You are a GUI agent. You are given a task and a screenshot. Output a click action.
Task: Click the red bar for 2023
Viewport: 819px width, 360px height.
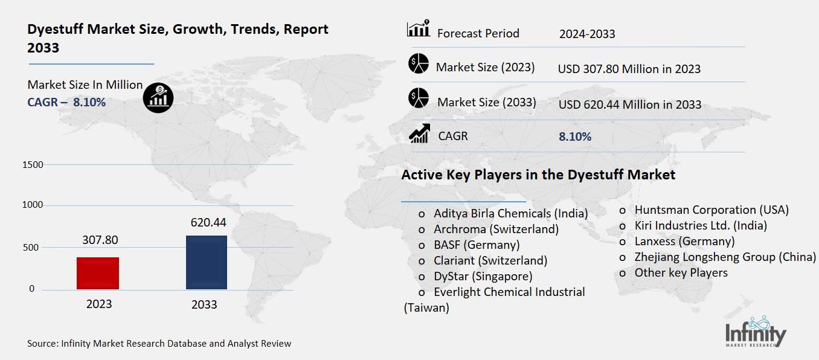[98, 273]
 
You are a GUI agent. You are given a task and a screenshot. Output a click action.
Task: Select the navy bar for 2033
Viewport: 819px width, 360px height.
[207, 262]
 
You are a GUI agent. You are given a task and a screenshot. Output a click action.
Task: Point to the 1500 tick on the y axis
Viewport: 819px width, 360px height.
[33, 165]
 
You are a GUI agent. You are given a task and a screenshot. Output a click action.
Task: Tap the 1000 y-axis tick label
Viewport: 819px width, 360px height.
[33, 205]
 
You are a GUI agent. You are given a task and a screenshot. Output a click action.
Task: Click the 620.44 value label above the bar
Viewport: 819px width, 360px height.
[207, 223]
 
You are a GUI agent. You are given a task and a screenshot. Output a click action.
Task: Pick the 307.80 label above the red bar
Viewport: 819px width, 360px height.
[100, 240]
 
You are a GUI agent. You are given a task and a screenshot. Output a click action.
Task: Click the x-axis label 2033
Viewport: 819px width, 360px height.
[204, 304]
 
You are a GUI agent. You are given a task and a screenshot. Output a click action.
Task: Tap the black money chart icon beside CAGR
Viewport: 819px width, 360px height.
[158, 97]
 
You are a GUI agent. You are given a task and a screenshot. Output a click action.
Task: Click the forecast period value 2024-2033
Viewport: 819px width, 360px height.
[587, 34]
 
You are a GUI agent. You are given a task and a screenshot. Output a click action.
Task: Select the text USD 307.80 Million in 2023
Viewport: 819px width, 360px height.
[629, 69]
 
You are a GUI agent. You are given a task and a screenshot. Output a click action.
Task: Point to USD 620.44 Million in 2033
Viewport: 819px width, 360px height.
[629, 104]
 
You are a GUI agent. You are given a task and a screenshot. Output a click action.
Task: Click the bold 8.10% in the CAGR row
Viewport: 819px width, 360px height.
[575, 137]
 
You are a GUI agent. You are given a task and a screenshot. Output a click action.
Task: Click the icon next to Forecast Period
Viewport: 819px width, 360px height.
[418, 28]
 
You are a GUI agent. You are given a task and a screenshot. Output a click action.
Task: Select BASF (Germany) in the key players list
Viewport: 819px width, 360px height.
[477, 245]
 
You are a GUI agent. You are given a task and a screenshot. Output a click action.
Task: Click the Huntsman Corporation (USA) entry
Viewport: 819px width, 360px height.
[711, 210]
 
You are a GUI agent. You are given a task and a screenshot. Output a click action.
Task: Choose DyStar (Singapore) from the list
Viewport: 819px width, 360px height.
[483, 276]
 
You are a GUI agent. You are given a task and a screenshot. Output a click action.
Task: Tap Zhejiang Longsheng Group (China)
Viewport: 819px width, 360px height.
[724, 257]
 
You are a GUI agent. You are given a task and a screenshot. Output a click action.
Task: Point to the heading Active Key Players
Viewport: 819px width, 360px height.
[538, 175]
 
